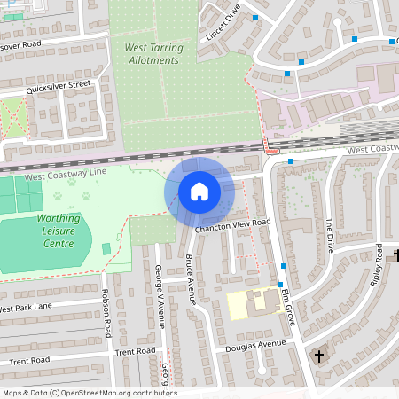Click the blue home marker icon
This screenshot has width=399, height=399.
point(199,192)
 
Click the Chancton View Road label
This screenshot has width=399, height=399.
point(233,226)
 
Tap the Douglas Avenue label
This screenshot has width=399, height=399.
point(261,345)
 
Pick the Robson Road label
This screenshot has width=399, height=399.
point(106,312)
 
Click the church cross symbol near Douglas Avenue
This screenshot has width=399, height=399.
point(319,356)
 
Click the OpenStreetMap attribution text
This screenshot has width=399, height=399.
point(89,393)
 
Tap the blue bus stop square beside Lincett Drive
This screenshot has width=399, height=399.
point(255,18)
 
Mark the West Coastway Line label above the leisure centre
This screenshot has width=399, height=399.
point(66,176)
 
